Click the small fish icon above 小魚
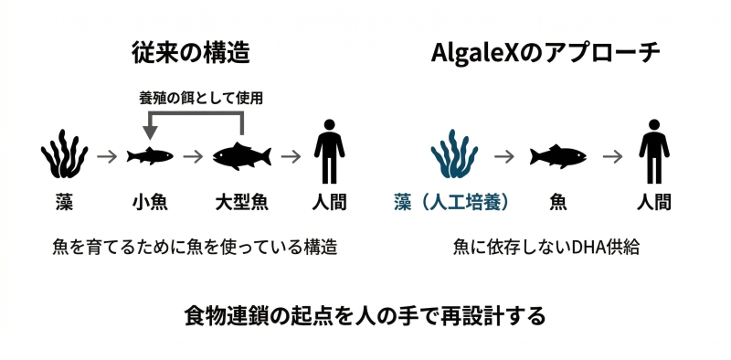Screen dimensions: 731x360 [x=149, y=157]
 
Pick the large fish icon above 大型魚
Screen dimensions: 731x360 [x=242, y=156]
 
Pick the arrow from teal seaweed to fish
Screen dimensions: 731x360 [x=503, y=156]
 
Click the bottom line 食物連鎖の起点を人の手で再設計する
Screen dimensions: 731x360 [x=365, y=316]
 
